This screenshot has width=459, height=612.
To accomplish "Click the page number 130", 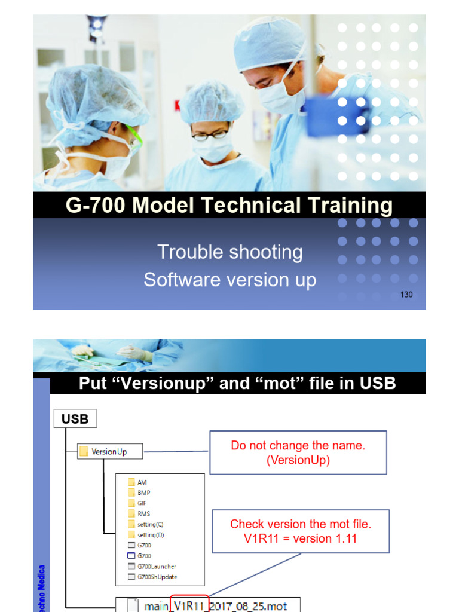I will (406, 295).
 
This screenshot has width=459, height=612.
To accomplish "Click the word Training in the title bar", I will (344, 206).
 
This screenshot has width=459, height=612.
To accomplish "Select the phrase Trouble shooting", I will (229, 252).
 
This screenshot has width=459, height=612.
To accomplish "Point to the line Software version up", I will (229, 280).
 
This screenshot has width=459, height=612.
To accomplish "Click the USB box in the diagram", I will (75, 419).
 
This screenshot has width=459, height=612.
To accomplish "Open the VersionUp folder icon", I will (84, 452).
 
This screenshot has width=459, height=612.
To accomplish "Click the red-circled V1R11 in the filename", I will (189, 605).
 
